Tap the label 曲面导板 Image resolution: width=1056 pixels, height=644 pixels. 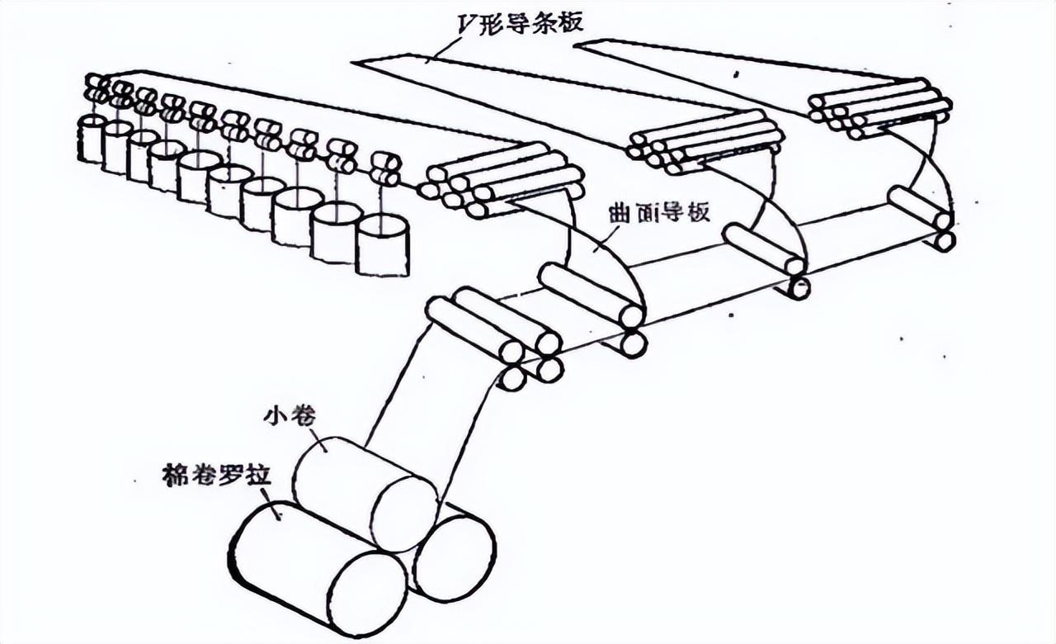point(671,212)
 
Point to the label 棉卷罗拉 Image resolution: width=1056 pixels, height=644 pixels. point(215,476)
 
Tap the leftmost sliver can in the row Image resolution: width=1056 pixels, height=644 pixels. point(90,138)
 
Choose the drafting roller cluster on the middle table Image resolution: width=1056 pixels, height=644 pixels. point(705,140)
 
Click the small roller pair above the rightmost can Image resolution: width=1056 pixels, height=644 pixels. point(384,169)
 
